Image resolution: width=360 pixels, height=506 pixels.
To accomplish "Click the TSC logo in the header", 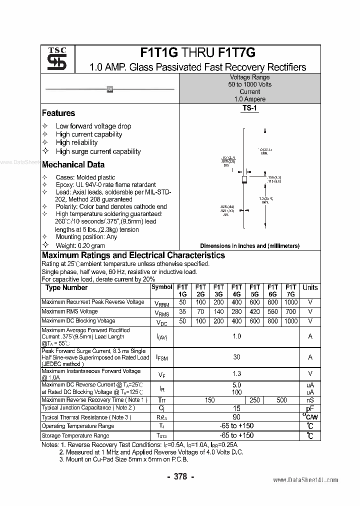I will pyautogui.click(x=57, y=59).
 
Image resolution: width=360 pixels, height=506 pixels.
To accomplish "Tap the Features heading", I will pyautogui.click(x=58, y=113).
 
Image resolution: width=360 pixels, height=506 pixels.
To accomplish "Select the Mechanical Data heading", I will pyautogui.click(x=73, y=164).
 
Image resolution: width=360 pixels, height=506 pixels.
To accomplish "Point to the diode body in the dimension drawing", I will pyautogui.click(x=244, y=179).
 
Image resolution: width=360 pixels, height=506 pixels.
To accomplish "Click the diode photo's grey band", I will pyautogui.click(x=110, y=89).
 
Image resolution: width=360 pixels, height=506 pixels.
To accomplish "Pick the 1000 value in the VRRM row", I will pyautogui.click(x=290, y=302).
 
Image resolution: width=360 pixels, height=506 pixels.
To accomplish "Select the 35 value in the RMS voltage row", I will pyautogui.click(x=182, y=311).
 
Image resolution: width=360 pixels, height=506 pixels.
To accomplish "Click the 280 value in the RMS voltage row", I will pyautogui.click(x=236, y=311).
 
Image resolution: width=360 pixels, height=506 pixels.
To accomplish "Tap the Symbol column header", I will pyautogui.click(x=161, y=287).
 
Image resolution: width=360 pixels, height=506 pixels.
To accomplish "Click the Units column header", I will pyautogui.click(x=310, y=287).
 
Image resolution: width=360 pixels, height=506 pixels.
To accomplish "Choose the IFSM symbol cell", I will pyautogui.click(x=161, y=357).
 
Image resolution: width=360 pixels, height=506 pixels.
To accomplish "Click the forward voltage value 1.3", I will pyautogui.click(x=236, y=373).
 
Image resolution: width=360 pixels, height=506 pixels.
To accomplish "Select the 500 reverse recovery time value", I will pyautogui.click(x=281, y=400).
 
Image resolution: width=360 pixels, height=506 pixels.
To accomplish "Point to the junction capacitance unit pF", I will pyautogui.click(x=310, y=408).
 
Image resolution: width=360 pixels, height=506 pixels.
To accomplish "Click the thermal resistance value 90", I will pyautogui.click(x=236, y=417).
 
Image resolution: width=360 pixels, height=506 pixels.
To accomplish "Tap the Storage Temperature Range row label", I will pyautogui.click(x=74, y=435).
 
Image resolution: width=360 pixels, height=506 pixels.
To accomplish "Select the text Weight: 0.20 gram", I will pyautogui.click(x=80, y=245).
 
